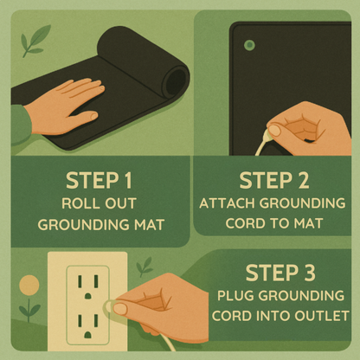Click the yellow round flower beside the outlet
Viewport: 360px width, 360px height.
pos(29,285)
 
